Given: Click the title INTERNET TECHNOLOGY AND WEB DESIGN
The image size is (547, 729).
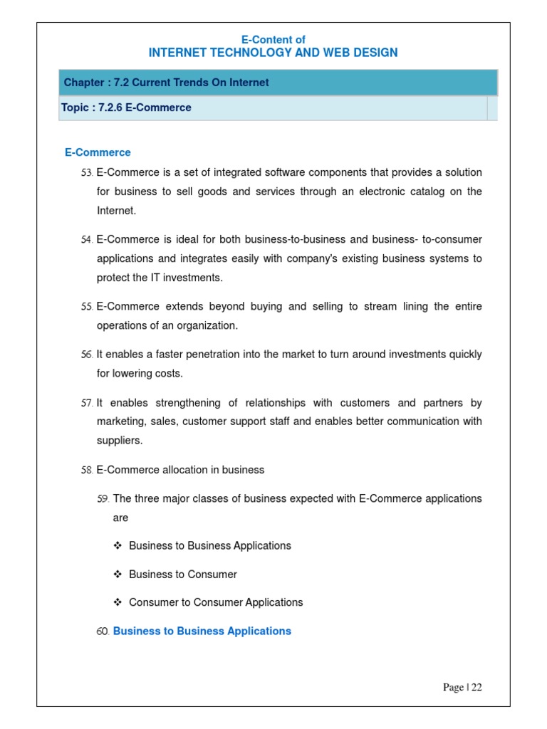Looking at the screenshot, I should (x=273, y=53).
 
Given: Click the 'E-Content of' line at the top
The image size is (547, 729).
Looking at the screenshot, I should (x=273, y=40).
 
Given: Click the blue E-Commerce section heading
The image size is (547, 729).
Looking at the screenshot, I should (x=98, y=152).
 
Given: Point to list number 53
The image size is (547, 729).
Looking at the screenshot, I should (x=87, y=173).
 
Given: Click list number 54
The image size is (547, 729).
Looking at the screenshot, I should (x=87, y=240).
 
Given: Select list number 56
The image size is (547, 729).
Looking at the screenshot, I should (x=87, y=355).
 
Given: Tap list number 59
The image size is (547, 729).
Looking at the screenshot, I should (x=103, y=499).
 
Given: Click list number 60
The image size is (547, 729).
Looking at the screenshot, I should (x=103, y=631).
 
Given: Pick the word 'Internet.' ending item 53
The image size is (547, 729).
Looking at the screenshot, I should (x=116, y=211).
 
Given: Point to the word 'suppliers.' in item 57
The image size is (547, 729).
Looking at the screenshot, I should (x=120, y=441).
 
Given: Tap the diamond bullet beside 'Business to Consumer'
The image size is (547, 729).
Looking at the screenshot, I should (x=118, y=575).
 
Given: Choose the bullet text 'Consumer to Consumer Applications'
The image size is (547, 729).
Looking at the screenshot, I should (x=216, y=602).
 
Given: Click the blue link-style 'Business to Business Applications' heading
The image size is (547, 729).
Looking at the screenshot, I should (x=202, y=631).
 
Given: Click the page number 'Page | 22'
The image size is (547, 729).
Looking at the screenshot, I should (x=462, y=687).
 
